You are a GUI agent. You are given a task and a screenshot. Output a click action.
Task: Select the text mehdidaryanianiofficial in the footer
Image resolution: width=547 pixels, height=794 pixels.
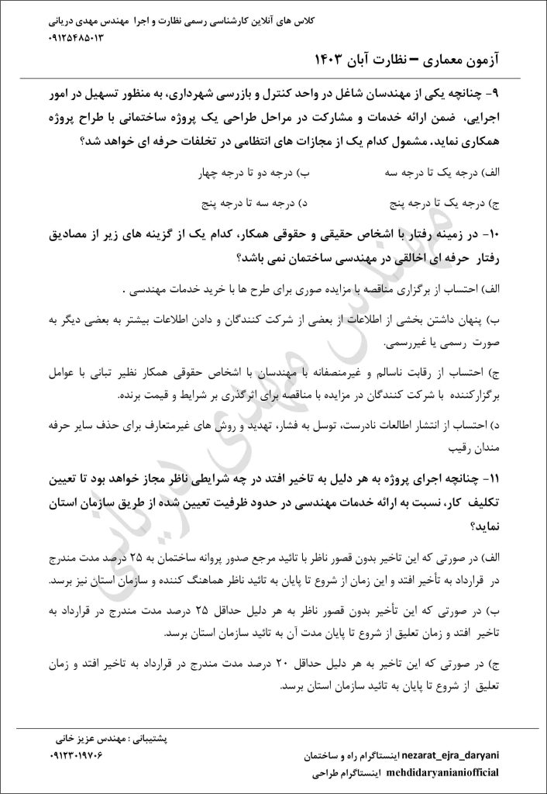[443, 773]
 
